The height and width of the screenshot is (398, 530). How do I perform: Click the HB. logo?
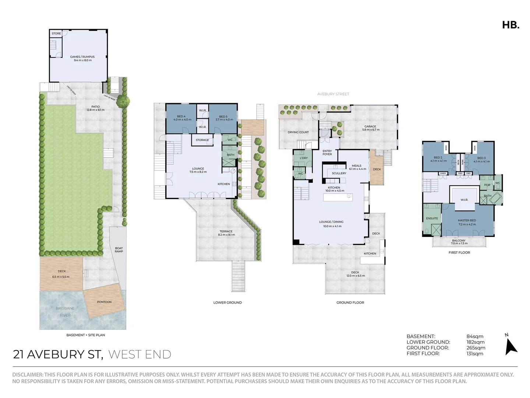(510, 25)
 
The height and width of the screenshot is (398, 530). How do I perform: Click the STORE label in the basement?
(56, 34)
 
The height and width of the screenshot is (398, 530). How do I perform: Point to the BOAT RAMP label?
(119, 250)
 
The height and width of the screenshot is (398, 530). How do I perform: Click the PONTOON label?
(104, 302)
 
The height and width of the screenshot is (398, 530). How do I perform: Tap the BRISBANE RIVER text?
(65, 312)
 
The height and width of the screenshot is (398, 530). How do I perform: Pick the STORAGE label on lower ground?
(202, 140)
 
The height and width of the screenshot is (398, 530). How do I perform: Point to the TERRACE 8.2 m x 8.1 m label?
(226, 233)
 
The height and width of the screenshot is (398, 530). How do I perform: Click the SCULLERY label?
(339, 173)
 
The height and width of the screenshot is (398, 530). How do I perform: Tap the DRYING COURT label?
(298, 132)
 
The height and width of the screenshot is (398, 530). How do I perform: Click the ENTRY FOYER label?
(327, 153)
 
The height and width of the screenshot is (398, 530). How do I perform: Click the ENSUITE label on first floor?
(432, 219)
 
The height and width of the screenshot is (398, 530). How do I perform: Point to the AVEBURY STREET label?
(333, 94)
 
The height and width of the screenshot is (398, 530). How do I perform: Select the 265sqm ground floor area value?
(476, 348)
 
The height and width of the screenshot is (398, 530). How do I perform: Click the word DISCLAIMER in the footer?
(28, 374)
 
